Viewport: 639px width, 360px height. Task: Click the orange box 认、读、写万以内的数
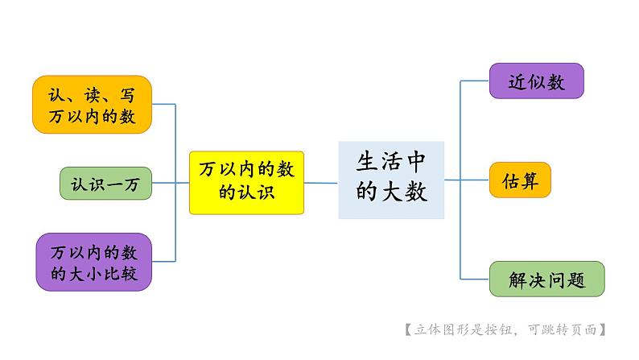[x=93, y=105]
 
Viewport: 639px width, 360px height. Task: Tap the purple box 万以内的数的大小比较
[x=93, y=262]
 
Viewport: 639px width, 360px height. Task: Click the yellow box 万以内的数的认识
[x=247, y=182]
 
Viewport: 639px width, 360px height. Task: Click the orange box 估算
[x=520, y=180]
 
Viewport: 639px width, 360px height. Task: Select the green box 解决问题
[x=546, y=279]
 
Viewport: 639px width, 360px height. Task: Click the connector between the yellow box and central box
[x=321, y=183]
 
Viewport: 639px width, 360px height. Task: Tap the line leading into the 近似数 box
[x=475, y=81]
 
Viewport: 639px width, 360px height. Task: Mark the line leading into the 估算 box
[x=475, y=180]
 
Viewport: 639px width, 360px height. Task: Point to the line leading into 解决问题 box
[x=475, y=278]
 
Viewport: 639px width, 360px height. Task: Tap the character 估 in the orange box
[x=511, y=180]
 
